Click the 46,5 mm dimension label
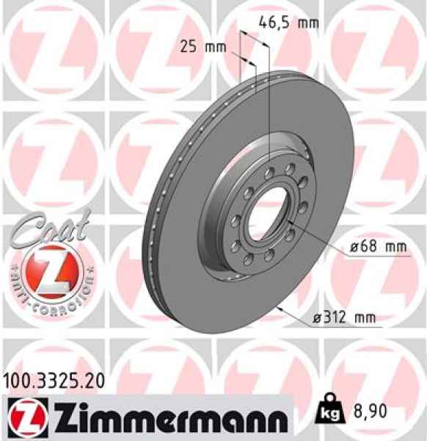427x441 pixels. (289, 22)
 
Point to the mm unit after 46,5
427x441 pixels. (308, 22)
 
